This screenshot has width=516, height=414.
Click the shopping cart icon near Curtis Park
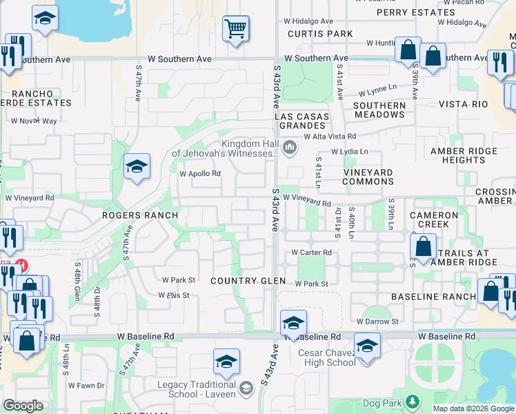[x=235, y=29]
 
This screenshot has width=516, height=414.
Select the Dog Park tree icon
[x=413, y=401]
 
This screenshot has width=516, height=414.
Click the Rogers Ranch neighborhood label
[x=140, y=215]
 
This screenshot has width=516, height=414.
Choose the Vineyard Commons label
[x=368, y=177]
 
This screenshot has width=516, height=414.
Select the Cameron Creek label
[x=434, y=220]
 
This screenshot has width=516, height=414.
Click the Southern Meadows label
[x=379, y=110]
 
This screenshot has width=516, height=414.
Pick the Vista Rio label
[x=464, y=104]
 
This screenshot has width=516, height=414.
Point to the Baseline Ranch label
[x=433, y=297]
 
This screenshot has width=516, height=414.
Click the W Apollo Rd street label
[x=200, y=174]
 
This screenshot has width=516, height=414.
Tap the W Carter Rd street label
[x=311, y=253]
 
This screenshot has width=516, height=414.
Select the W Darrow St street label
[x=377, y=322]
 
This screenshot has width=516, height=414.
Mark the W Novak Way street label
[x=34, y=121]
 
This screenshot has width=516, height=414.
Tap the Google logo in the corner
[x=23, y=406]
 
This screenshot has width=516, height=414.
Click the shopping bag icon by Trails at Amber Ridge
[x=423, y=246]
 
